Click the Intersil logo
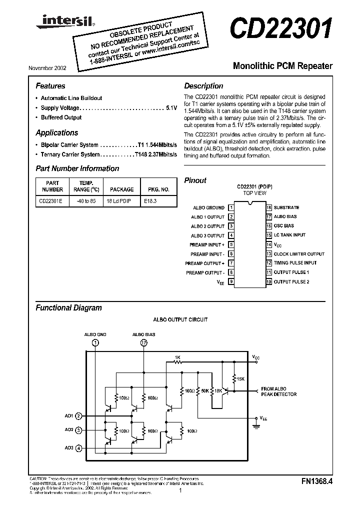[55, 20]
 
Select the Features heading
[50, 86]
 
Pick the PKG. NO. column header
[158, 189]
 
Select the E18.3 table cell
[150, 202]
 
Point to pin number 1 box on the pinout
[231, 207]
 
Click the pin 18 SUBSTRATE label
[286, 207]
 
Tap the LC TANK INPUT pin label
[290, 235]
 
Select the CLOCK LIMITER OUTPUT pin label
[299, 254]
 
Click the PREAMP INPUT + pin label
[207, 244]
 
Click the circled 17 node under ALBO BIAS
[144, 342]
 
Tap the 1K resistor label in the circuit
[177, 357]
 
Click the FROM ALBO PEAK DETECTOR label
[278, 391]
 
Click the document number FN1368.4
[317, 482]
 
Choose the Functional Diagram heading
[68, 308]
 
